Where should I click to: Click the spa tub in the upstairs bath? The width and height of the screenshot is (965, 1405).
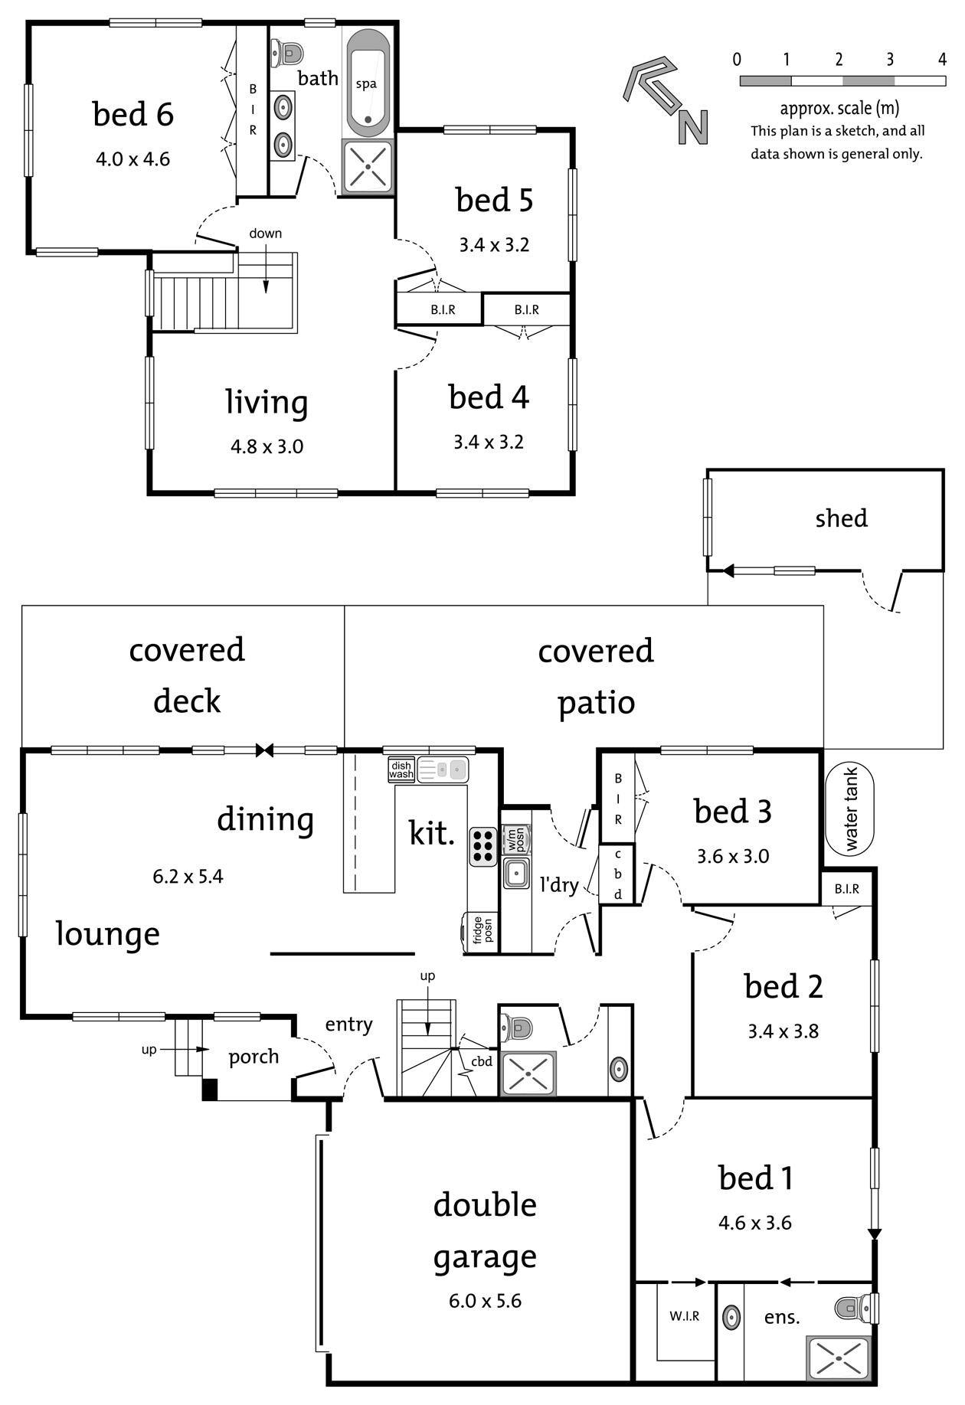368,83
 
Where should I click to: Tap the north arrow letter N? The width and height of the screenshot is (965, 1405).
692,127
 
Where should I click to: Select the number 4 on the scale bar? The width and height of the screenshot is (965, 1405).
942,59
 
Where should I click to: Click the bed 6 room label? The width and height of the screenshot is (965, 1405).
132,114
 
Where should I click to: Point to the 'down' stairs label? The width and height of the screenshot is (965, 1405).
265,234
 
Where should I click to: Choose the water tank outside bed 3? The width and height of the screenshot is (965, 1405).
850,810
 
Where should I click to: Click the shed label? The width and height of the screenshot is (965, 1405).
841,518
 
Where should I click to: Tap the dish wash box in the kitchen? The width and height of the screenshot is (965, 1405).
401,770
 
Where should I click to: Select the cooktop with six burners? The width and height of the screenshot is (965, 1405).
483,846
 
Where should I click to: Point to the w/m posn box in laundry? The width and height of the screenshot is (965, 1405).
514,839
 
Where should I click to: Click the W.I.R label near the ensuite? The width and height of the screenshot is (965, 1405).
684,1316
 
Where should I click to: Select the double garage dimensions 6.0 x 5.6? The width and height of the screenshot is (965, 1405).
485,1301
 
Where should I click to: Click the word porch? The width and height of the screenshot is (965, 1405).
254,1057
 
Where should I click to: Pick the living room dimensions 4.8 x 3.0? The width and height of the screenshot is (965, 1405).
267,446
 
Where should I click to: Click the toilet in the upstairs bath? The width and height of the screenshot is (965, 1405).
287,54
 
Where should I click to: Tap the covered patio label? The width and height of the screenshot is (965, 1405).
596,677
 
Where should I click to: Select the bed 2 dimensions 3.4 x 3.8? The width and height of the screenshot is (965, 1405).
783,1031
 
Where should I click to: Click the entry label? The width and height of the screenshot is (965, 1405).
348,1024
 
